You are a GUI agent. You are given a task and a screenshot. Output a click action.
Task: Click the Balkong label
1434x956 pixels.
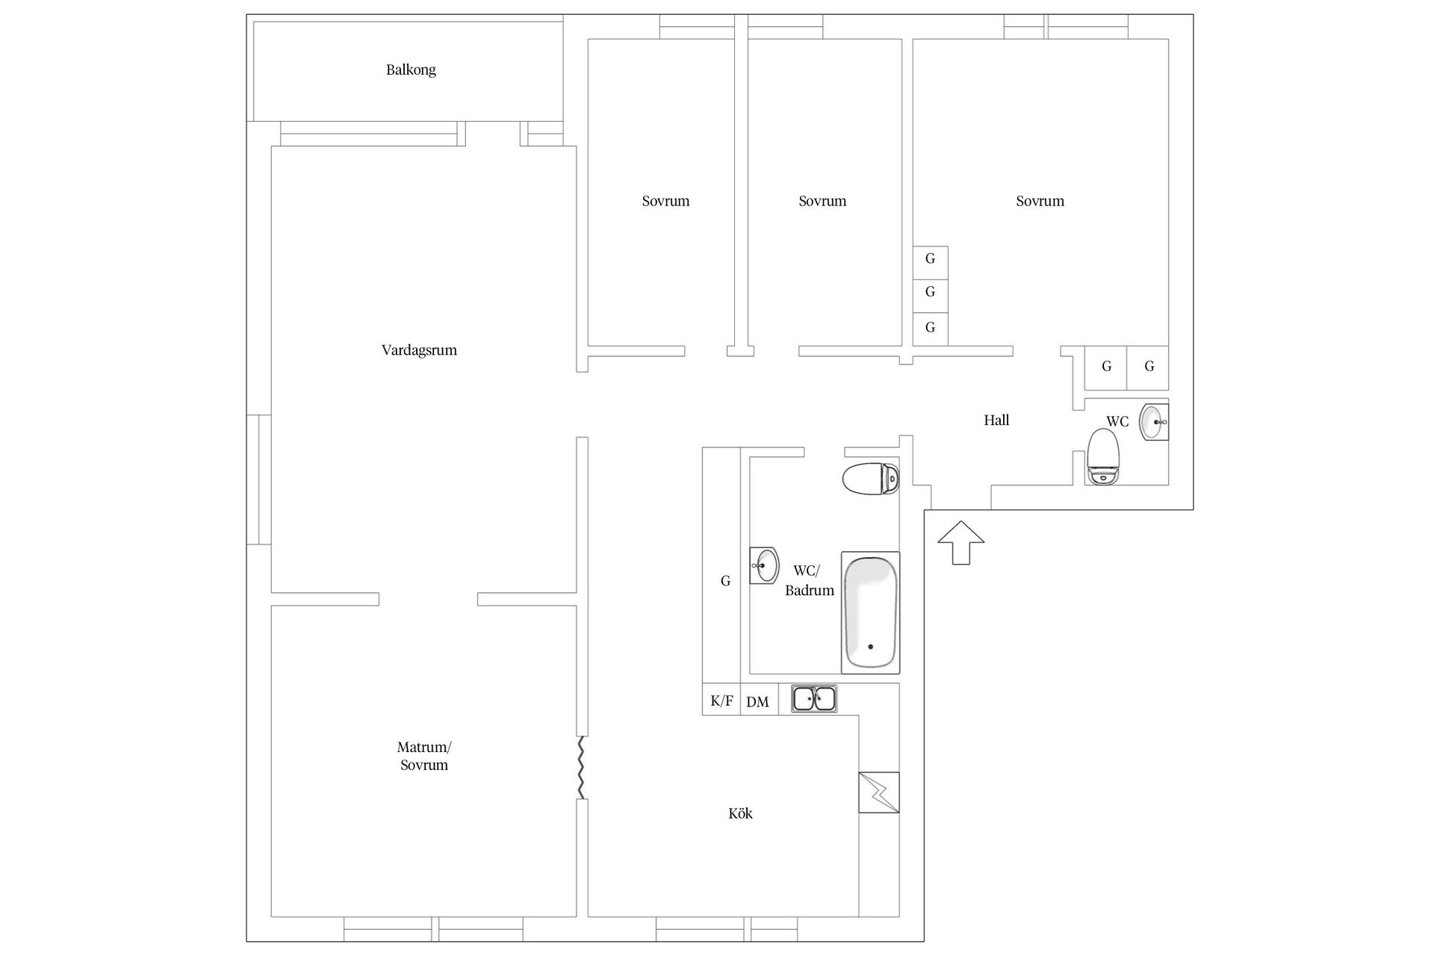(x=411, y=70)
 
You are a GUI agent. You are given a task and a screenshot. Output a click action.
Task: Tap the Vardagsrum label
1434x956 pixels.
(x=419, y=350)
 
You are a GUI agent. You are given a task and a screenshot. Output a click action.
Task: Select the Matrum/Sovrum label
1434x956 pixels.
(x=424, y=756)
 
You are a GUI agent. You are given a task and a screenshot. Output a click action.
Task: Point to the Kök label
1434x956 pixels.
(x=740, y=813)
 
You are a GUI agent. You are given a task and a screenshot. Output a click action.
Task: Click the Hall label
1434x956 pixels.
(x=996, y=420)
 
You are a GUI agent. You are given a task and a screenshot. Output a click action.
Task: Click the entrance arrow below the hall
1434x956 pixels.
(x=960, y=542)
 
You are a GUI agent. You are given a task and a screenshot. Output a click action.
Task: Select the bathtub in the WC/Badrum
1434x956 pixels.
(x=870, y=612)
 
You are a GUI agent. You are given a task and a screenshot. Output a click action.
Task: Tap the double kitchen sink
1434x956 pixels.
(x=814, y=699)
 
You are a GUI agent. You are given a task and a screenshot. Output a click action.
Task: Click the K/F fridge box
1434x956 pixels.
(x=721, y=701)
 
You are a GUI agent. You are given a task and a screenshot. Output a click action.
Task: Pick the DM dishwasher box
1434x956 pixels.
(x=758, y=701)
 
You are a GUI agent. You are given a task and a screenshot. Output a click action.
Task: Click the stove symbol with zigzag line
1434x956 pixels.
(x=879, y=792)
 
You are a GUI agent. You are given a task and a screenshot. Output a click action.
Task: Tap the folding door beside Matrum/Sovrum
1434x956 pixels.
(x=580, y=767)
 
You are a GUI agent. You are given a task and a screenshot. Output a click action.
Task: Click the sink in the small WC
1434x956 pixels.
(x=1152, y=422)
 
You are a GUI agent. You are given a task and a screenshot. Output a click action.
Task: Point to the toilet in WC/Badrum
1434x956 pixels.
(x=870, y=479)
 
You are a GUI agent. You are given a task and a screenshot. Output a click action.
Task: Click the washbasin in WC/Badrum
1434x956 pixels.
(x=764, y=565)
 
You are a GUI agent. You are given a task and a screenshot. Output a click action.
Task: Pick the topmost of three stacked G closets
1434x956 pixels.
(x=930, y=259)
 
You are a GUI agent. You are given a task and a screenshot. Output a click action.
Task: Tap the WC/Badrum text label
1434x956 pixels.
(x=809, y=581)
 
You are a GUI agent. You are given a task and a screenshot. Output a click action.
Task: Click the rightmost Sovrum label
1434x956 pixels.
(x=1040, y=201)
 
